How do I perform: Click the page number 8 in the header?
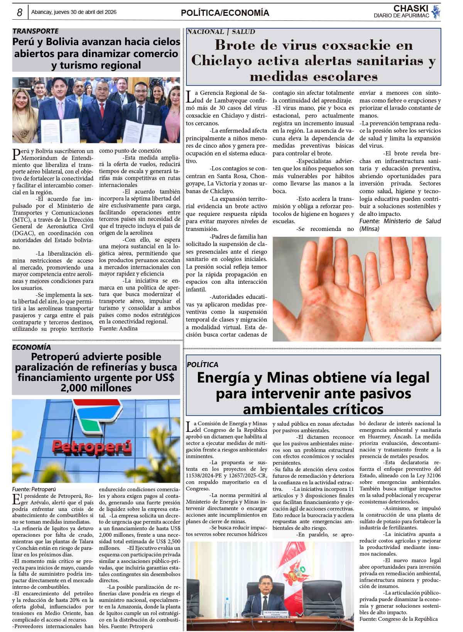19,12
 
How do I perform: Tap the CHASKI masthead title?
411,8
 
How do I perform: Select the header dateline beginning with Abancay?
74,12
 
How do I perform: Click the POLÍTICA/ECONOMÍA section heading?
225,13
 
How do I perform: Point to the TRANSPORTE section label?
35,31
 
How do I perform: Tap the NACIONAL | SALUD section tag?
221,32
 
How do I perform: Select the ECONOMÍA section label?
31,347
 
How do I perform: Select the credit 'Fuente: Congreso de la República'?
398,619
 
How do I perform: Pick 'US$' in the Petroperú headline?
164,377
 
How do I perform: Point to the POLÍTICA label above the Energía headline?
202,364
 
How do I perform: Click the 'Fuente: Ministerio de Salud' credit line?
400,221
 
